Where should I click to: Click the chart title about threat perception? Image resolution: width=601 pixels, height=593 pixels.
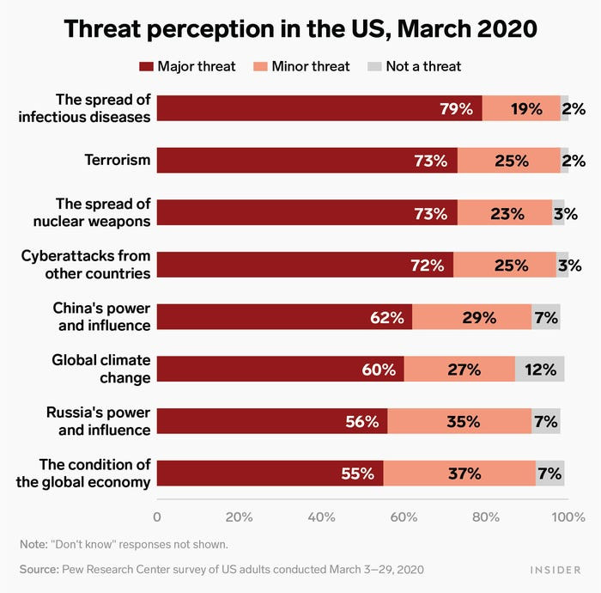coord(300,28)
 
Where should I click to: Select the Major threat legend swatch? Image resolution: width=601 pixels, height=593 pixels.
coord(146,66)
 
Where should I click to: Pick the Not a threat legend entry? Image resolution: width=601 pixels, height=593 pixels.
coord(414,66)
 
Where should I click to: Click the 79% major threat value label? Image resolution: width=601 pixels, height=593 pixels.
coord(455,109)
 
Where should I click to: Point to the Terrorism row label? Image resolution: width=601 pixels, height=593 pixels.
coord(118,160)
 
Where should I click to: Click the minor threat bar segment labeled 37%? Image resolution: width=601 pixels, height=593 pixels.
coord(463,474)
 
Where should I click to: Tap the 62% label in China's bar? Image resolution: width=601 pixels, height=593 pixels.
coord(386,317)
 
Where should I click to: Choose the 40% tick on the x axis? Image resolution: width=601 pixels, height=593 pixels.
coord(321,517)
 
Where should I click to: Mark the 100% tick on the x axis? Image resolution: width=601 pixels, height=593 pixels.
coord(568,517)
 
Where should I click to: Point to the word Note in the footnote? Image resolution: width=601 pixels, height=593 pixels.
coord(33,544)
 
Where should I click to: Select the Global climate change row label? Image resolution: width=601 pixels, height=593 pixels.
coord(100,369)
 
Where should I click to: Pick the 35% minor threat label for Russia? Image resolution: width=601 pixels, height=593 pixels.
coord(463,421)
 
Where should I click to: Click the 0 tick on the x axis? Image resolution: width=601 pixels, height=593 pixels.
coord(157,517)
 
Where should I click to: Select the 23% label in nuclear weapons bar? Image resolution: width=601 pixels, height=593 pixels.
coord(507,213)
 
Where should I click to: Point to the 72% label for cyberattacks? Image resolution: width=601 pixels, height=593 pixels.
coord(427,266)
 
